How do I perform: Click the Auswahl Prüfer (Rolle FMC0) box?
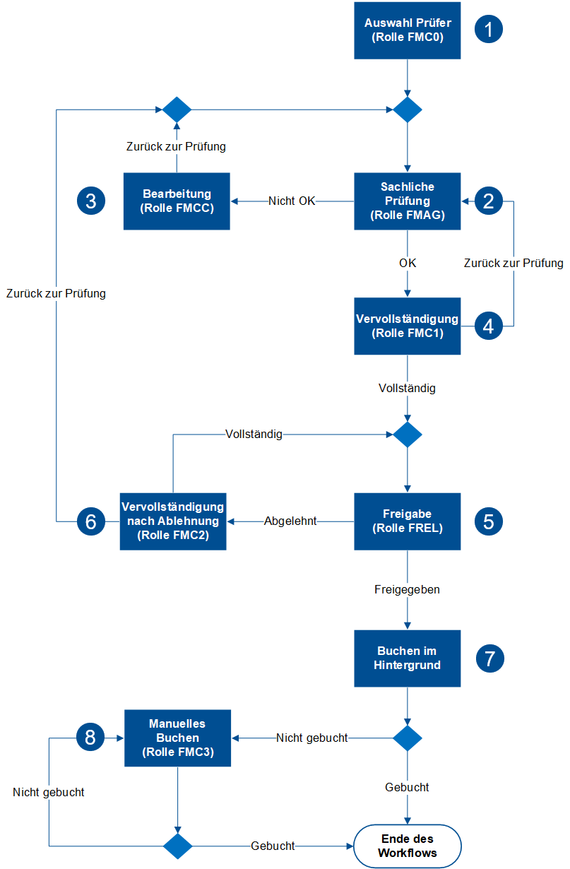[408, 30]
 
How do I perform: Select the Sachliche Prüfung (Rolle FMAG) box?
[408, 201]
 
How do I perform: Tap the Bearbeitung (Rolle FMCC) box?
[177, 201]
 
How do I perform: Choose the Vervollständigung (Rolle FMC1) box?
[408, 326]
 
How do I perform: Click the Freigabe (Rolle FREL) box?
[408, 521]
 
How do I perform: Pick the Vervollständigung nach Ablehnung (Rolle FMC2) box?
[173, 521]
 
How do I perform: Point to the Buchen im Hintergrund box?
[408, 658]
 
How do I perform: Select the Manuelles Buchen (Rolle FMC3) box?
[177, 738]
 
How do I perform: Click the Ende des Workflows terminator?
[408, 846]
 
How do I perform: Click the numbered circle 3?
[90, 201]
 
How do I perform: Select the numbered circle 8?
[90, 738]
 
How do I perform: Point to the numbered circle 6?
[90, 521]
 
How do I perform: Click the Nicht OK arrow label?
[292, 201]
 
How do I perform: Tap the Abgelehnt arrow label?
[290, 521]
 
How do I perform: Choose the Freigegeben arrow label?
[408, 589]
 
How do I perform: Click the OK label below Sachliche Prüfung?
[408, 263]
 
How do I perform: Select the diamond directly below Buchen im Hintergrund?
[408, 738]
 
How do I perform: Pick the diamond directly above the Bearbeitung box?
[177, 110]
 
